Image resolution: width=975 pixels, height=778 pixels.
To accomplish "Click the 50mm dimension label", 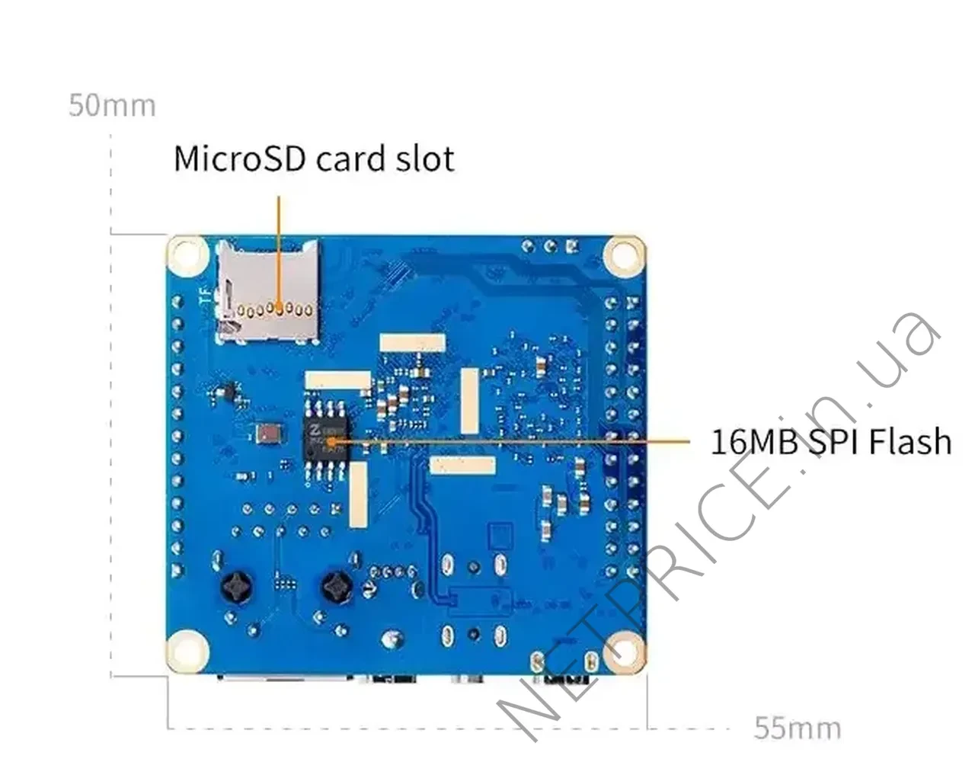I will click(112, 105).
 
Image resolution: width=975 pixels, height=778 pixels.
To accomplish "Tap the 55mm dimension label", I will click(798, 728).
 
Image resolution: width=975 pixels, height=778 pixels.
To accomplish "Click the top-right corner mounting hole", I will click(622, 254).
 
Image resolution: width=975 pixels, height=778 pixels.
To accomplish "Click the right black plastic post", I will click(336, 588).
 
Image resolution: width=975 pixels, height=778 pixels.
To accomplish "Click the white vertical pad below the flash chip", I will click(359, 495).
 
